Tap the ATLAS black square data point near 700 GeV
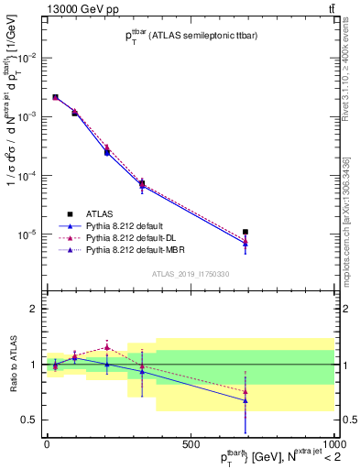245,233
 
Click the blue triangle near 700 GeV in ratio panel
245,400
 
